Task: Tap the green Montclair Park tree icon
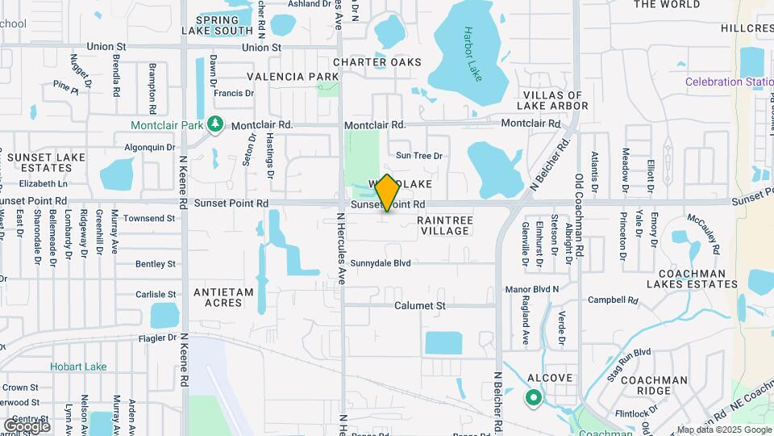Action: tap(214, 124)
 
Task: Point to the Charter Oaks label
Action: tap(377, 62)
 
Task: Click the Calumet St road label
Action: tap(420, 306)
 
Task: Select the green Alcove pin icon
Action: tap(533, 397)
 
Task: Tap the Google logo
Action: tap(27, 425)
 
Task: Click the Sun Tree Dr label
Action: tap(419, 156)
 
